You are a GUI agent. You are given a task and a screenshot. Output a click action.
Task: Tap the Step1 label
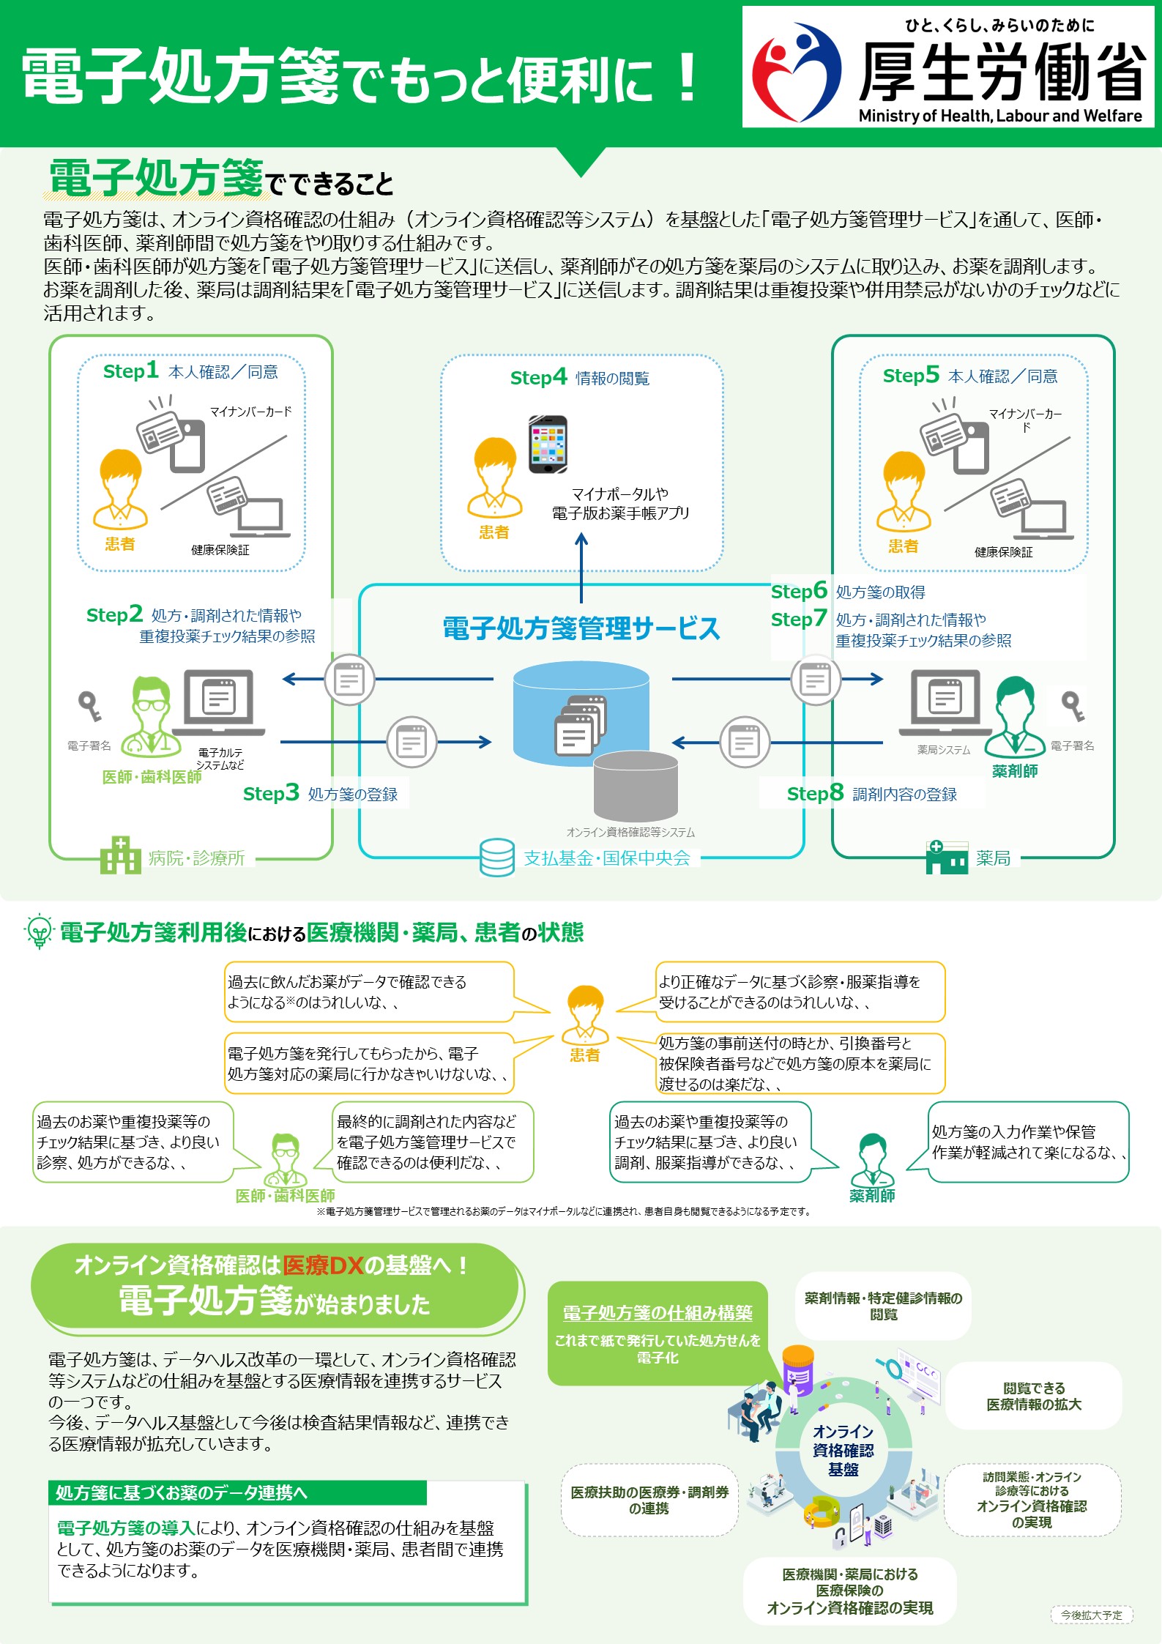tap(130, 371)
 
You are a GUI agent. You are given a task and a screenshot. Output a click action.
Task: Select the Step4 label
tap(538, 377)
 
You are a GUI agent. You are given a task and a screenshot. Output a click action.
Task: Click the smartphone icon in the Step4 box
tap(548, 445)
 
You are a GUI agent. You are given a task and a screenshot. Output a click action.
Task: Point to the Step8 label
tap(815, 793)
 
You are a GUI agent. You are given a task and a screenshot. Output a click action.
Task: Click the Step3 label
tap(271, 793)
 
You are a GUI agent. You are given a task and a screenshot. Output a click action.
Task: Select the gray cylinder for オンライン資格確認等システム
tap(636, 786)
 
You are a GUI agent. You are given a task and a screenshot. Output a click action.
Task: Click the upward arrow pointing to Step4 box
tap(581, 568)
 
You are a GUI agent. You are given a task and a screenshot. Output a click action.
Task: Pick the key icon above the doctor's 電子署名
tap(89, 706)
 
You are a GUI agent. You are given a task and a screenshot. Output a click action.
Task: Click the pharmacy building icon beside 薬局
tap(947, 857)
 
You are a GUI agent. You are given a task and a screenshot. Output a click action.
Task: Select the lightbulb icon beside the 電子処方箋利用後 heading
tap(38, 931)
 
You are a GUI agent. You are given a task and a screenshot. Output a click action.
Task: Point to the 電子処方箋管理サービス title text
tap(581, 628)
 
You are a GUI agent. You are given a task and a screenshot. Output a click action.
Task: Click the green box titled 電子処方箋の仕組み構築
tap(658, 1334)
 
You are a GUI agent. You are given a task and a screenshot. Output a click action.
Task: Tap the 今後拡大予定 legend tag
tap(1092, 1615)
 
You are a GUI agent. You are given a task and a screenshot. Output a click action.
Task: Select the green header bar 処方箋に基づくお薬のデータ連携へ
tap(238, 1492)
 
